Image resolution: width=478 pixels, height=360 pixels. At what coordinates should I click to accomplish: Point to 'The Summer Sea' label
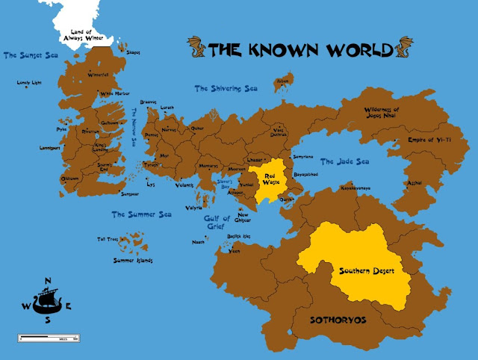click(142, 214)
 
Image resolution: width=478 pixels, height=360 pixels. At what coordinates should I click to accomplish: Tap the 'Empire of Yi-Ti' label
click(431, 140)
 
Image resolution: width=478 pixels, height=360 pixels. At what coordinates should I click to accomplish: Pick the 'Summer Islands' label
click(133, 261)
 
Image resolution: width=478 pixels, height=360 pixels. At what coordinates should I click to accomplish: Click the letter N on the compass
click(48, 281)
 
